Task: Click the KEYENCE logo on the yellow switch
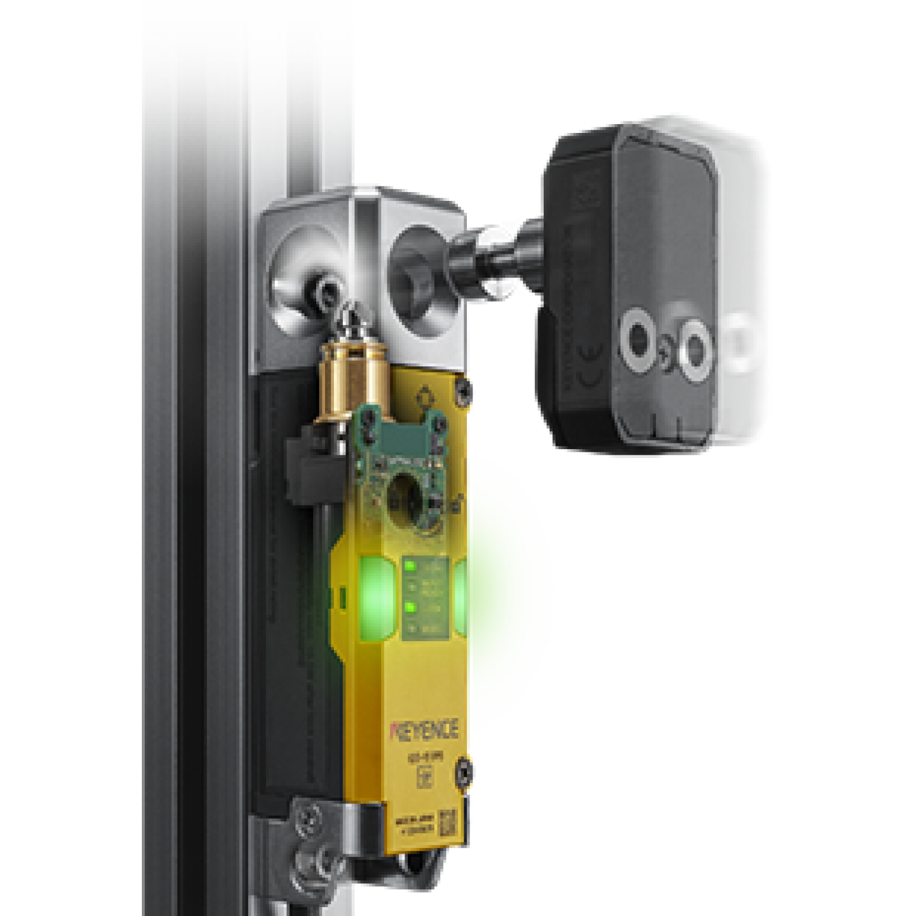coord(424,730)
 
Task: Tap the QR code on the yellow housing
coord(448,823)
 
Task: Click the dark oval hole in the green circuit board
coord(407,502)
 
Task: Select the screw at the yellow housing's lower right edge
coord(465,772)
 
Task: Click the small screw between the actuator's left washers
coord(665,347)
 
